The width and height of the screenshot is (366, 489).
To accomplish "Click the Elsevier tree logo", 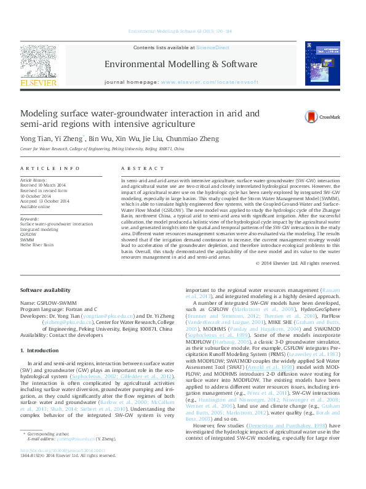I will coord(39,63).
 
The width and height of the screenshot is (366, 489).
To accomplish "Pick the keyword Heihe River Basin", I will coord(36,244).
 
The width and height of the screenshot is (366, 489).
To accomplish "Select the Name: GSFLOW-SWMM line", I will coord(52,303).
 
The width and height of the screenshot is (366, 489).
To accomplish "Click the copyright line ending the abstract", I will coord(297,263).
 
